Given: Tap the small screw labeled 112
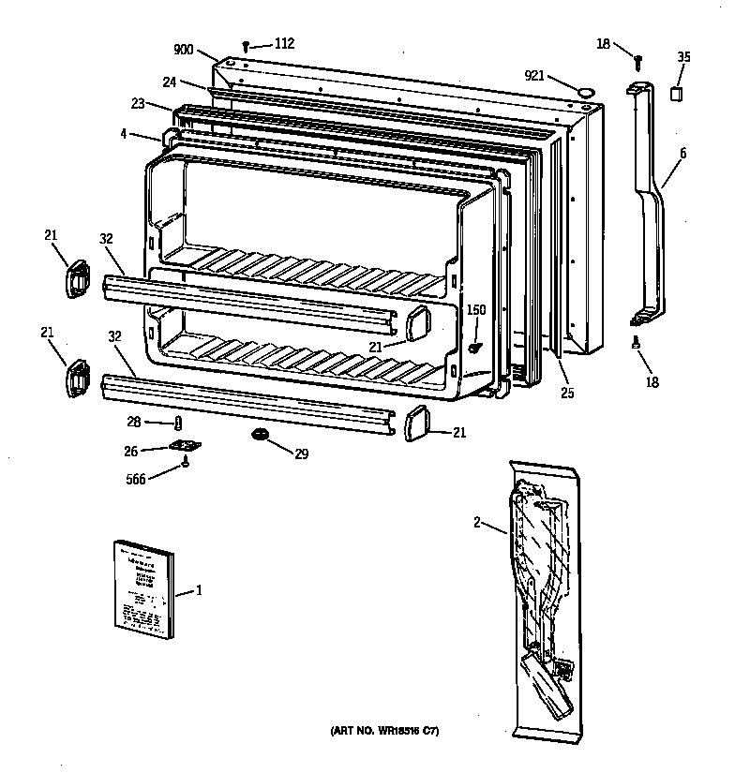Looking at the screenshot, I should click(x=247, y=44).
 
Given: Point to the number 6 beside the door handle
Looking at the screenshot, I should click(x=682, y=152).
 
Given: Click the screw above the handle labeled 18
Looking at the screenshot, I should click(x=637, y=60).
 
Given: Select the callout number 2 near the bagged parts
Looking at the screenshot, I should click(x=476, y=522).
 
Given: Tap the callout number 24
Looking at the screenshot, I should click(x=169, y=82).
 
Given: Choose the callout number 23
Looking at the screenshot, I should click(x=139, y=105).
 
